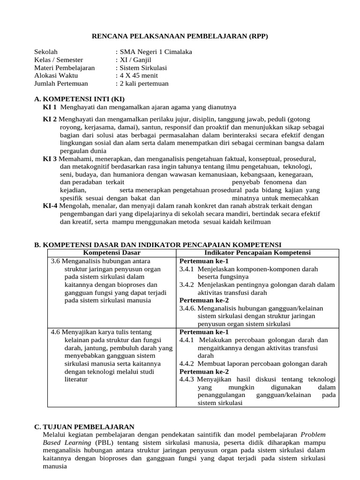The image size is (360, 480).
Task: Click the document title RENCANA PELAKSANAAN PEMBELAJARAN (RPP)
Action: [180, 36]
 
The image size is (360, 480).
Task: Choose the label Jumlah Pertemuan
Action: [61, 83]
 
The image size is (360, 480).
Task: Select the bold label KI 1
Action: [50, 107]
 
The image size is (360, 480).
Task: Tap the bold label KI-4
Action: [51, 205]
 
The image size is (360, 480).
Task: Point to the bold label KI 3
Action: [50, 159]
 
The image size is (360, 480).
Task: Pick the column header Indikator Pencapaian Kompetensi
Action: [257, 253]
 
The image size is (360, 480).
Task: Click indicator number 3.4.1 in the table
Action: [187, 269]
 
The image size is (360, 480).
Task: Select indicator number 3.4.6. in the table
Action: [188, 308]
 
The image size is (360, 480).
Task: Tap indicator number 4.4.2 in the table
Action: [187, 363]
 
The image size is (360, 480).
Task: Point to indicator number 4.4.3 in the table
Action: [187, 379]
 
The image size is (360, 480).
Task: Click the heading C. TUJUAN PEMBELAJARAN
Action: [84, 427]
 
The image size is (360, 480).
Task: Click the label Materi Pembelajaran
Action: [65, 67]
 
